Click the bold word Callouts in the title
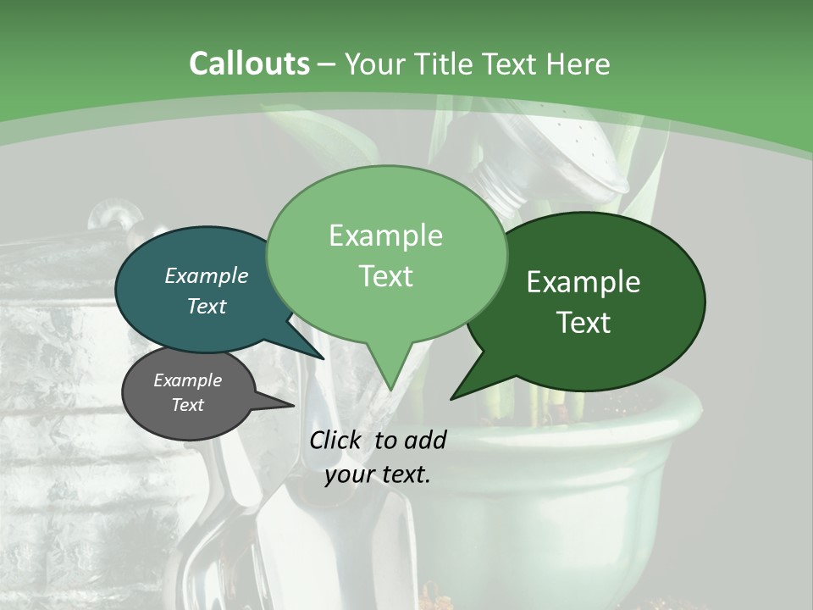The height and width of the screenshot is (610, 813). point(249,64)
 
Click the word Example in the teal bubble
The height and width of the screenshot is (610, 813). point(206,275)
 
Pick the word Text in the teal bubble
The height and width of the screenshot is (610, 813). point(206,306)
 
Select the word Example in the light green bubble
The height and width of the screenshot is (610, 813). point(385,236)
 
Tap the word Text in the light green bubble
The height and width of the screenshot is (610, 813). point(385,276)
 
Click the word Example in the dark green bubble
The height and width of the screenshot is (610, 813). point(583,282)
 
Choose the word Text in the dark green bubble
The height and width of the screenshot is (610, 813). point(583,323)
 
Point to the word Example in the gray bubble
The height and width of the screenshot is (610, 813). point(187,380)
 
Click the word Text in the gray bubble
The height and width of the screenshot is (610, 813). point(187,405)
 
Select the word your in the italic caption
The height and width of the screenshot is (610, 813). point(349,474)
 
